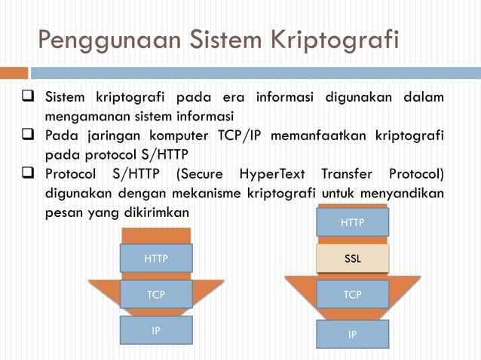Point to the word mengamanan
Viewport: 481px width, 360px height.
point(81,117)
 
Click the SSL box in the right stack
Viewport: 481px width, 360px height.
point(352,258)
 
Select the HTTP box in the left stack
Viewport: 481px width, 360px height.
point(156,258)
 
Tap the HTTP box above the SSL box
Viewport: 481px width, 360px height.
point(352,223)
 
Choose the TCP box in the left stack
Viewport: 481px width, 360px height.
point(156,294)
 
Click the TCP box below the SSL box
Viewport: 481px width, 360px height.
point(352,294)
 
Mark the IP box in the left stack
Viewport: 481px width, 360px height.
point(156,330)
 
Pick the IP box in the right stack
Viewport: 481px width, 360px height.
point(352,334)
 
